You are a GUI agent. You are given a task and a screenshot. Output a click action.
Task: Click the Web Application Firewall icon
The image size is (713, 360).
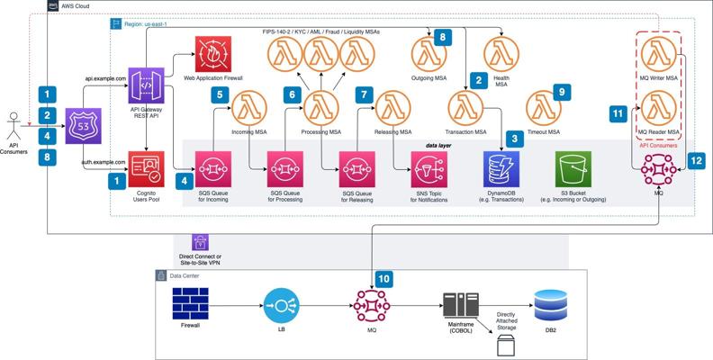point(213,55)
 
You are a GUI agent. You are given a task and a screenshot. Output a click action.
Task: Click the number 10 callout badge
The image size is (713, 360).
point(384,280)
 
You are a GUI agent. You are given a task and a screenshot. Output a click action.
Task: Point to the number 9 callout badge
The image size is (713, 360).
point(561,92)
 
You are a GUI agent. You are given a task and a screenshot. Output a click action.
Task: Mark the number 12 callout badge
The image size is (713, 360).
point(696,159)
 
